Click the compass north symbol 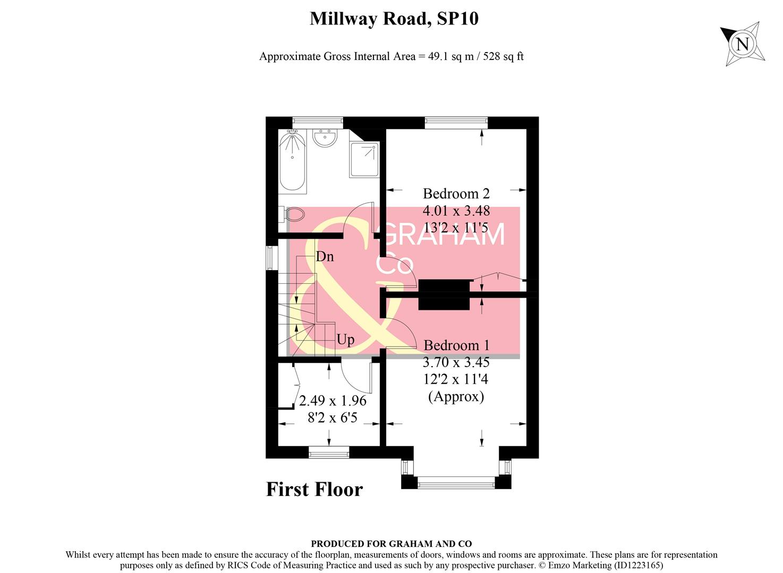tap(743, 44)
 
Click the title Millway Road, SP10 tap(394, 19)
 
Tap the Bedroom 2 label tap(456, 194)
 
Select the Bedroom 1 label tap(456, 345)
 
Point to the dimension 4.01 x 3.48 tap(456, 211)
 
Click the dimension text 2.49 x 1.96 tap(333, 401)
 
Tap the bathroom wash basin tap(324, 138)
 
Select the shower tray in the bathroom tap(364, 159)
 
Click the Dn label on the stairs tap(325, 257)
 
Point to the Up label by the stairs tap(345, 340)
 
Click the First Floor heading tap(314, 489)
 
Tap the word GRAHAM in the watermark tap(443, 235)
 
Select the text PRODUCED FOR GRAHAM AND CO tap(391, 544)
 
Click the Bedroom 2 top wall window tap(456, 123)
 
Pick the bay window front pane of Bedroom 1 tap(456, 482)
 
